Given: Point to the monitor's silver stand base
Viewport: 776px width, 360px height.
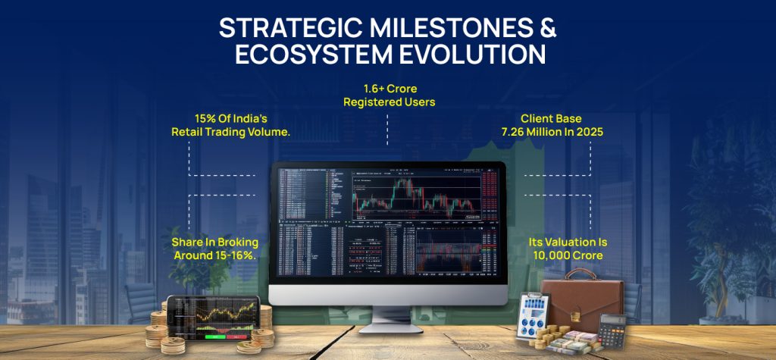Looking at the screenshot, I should tap(387, 327).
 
